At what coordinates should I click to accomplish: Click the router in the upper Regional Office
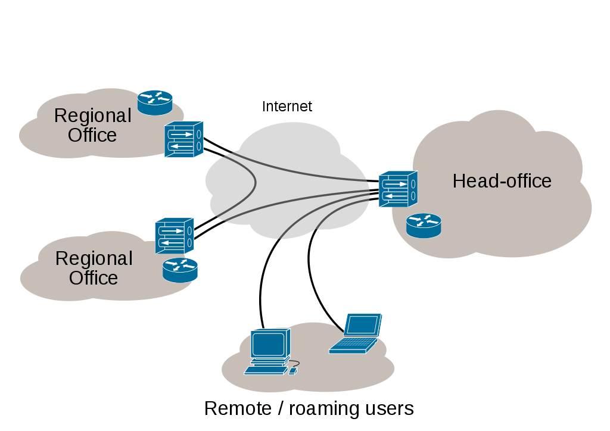point(155,102)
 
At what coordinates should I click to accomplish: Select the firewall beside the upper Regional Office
point(183,139)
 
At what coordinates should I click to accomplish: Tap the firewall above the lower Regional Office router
point(175,236)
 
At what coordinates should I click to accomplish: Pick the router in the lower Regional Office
point(180,270)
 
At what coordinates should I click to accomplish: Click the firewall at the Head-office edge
point(398,189)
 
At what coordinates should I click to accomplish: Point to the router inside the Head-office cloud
point(424,226)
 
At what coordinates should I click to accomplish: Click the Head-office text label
point(502,181)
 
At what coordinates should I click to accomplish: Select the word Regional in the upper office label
point(92,115)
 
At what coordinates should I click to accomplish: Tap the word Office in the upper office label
point(92,135)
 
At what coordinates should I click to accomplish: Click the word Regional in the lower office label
point(94,258)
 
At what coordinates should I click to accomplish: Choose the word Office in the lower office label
point(94,278)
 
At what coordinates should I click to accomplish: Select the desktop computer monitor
point(270,343)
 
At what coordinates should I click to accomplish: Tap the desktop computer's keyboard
point(265,370)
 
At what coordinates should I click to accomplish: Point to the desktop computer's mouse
point(292,371)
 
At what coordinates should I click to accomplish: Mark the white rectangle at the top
point(477,30)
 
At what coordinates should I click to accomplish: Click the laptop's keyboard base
point(353,345)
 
